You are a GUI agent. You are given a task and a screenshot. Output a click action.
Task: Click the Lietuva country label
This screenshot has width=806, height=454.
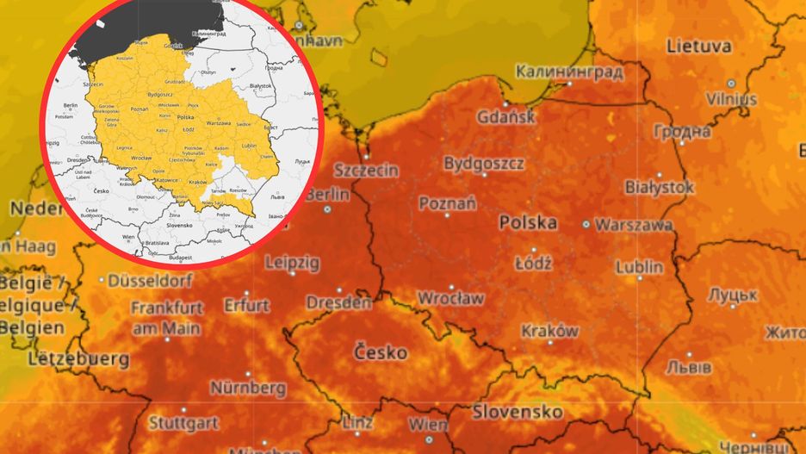698,46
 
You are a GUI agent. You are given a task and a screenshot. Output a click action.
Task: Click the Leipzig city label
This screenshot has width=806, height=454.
292,262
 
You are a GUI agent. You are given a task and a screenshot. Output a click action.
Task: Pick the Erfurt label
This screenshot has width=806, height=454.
246,305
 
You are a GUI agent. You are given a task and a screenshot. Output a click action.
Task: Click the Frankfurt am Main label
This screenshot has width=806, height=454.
167,317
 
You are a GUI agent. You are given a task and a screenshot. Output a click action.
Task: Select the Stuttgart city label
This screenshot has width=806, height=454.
183,423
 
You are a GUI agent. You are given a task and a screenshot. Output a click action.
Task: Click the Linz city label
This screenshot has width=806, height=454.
356,423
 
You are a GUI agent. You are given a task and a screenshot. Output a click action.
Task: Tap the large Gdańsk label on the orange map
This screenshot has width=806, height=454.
506,116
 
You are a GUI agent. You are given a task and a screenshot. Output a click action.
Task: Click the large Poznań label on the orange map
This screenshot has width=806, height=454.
447,203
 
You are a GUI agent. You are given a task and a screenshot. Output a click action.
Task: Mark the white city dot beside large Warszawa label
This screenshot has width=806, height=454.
586,224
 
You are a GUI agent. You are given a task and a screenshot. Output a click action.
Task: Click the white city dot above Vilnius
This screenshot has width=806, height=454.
731,84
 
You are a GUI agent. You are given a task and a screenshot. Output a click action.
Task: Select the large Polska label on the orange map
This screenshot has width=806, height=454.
528,222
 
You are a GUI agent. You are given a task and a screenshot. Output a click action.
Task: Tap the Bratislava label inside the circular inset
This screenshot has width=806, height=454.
155,243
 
